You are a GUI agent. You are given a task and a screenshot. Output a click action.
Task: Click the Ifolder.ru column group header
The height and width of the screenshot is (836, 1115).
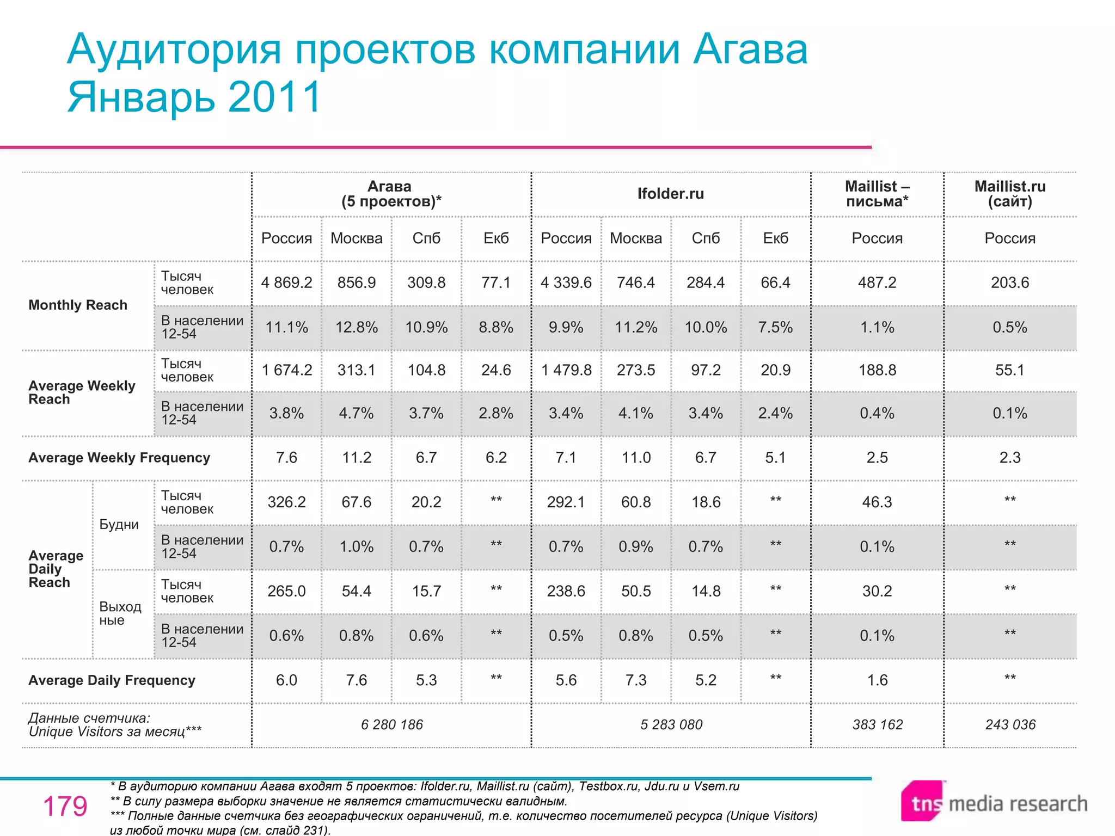click(x=670, y=194)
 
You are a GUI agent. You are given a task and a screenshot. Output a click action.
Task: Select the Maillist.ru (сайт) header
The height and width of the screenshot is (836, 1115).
click(x=1009, y=194)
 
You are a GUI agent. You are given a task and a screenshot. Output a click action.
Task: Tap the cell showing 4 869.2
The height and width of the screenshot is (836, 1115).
click(x=286, y=282)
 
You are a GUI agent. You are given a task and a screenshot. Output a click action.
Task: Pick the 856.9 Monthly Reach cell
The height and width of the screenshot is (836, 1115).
click(x=356, y=282)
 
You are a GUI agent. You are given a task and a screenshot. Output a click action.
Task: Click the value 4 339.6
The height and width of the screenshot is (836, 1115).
click(x=566, y=282)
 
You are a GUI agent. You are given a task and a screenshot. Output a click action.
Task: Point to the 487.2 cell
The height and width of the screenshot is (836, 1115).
click(x=877, y=282)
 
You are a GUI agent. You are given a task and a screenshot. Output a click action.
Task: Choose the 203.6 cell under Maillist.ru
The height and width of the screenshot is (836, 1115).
click(x=1009, y=282)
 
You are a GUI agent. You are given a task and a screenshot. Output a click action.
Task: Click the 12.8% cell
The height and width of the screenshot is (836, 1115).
click(x=356, y=327)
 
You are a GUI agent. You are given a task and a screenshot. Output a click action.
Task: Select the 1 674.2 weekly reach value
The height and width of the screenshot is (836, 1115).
click(x=286, y=370)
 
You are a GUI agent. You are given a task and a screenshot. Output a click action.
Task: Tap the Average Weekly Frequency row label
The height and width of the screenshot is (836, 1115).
click(x=119, y=458)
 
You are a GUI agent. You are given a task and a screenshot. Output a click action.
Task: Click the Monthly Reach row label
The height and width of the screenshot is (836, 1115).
click(x=77, y=305)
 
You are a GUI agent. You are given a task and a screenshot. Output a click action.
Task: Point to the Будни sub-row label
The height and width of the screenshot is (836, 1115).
click(x=119, y=524)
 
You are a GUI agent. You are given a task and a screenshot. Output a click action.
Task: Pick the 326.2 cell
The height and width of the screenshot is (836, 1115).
click(x=286, y=502)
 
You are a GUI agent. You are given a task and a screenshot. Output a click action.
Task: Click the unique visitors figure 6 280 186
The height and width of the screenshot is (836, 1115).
click(x=391, y=724)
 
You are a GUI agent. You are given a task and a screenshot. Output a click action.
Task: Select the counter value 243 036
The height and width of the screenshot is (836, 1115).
click(x=1010, y=724)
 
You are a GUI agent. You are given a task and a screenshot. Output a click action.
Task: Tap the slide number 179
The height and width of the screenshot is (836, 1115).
click(x=65, y=806)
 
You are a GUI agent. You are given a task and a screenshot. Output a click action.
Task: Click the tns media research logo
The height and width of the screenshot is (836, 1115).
click(x=994, y=803)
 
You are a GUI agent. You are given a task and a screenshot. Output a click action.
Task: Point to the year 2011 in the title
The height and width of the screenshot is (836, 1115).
click(x=275, y=97)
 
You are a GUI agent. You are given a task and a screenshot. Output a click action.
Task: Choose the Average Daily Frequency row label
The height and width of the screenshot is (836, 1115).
click(x=112, y=680)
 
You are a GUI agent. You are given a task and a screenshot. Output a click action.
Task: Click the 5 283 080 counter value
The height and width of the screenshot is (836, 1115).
click(x=671, y=724)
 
